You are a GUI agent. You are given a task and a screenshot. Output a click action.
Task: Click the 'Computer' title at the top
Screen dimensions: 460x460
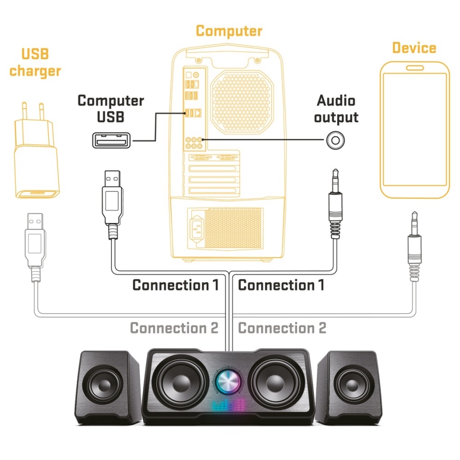[x=229, y=31]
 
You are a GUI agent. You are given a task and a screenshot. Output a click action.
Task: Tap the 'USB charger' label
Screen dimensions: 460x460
[x=35, y=63]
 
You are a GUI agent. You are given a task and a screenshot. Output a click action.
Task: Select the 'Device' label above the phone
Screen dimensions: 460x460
[x=414, y=48]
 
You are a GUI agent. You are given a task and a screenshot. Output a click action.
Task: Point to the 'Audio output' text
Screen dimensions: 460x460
[x=336, y=109]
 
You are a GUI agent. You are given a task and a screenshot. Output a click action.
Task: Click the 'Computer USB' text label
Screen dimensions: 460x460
[x=111, y=108]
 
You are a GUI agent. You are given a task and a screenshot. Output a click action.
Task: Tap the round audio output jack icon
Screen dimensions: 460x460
[x=336, y=140]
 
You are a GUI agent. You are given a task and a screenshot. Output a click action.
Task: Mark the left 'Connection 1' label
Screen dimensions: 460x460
[x=175, y=285]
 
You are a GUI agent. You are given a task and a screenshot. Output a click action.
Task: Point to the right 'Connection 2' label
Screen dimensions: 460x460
[x=282, y=328]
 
